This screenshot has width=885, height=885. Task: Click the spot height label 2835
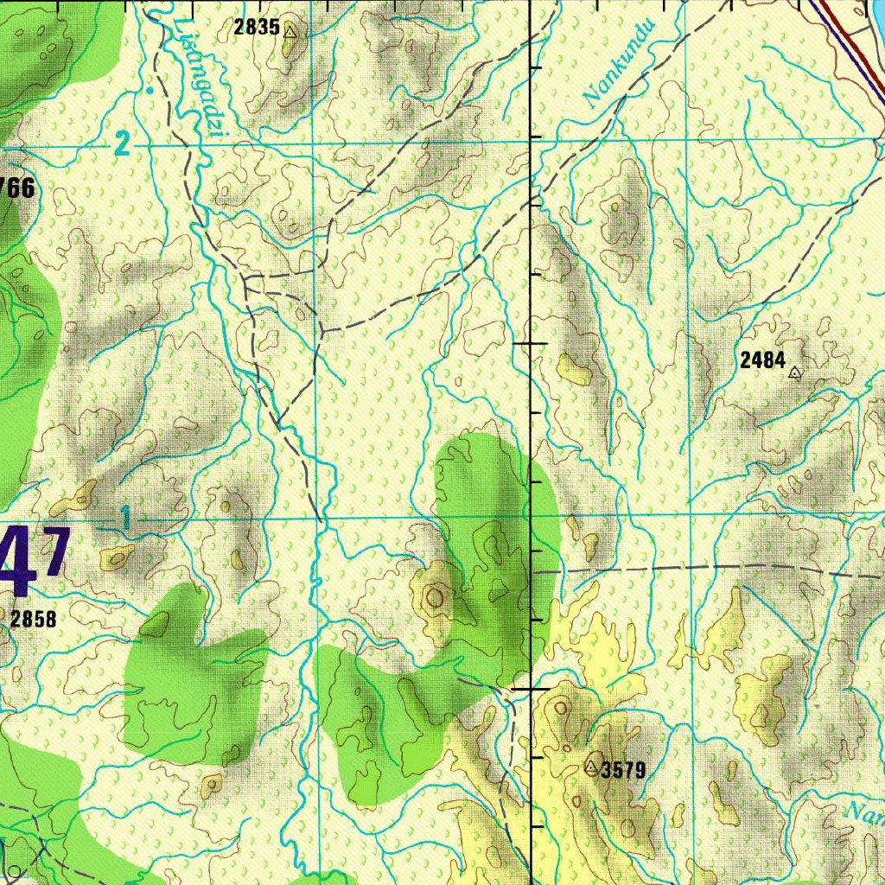(x=256, y=28)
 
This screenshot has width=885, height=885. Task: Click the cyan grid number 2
(x=123, y=144)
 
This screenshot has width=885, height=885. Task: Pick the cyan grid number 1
(x=126, y=519)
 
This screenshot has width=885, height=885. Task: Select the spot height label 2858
(x=34, y=619)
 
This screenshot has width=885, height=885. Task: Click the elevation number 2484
(x=762, y=360)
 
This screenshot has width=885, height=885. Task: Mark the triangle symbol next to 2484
(x=795, y=373)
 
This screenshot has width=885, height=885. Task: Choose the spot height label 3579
(x=623, y=770)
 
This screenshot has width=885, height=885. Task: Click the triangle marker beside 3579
(x=592, y=767)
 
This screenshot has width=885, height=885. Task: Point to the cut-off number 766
(x=17, y=188)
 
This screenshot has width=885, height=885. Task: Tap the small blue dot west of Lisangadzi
(x=150, y=89)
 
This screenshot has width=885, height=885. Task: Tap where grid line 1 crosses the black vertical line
(x=530, y=518)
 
